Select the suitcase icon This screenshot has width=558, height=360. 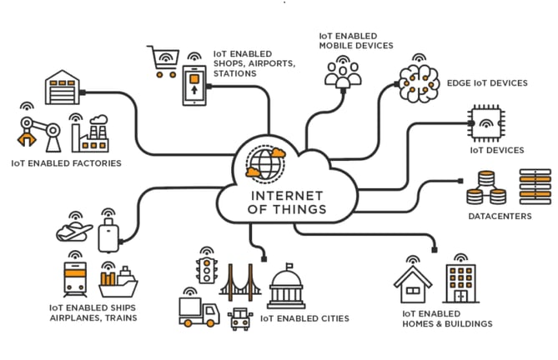(109, 236)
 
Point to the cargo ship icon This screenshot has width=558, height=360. (118, 282)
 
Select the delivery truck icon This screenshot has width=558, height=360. (198, 312)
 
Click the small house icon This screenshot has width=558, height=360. (412, 282)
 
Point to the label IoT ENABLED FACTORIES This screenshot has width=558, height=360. (66, 164)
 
